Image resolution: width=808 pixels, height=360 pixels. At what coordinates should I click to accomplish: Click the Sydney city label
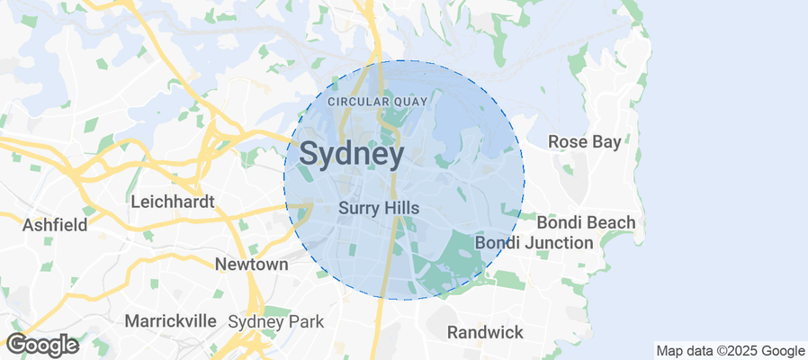coord(351,155)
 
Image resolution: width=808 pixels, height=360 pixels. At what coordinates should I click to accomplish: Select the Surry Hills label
coord(379,208)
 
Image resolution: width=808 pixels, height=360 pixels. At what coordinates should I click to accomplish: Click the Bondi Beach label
coord(586,222)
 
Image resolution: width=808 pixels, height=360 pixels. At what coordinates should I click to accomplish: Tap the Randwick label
coord(485,332)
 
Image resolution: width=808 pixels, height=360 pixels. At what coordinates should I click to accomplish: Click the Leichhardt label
coord(173,202)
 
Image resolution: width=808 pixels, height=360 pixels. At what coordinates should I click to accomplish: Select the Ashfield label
coord(54,224)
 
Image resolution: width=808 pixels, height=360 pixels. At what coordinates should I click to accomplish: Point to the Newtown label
coord(251,265)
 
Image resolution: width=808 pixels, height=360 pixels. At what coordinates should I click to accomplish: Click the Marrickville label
coord(170,320)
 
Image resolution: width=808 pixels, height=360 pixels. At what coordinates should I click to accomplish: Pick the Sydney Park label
coord(269,321)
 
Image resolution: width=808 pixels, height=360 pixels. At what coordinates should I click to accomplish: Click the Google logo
coord(41,345)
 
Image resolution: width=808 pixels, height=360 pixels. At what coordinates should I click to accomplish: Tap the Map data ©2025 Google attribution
coord(730,351)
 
